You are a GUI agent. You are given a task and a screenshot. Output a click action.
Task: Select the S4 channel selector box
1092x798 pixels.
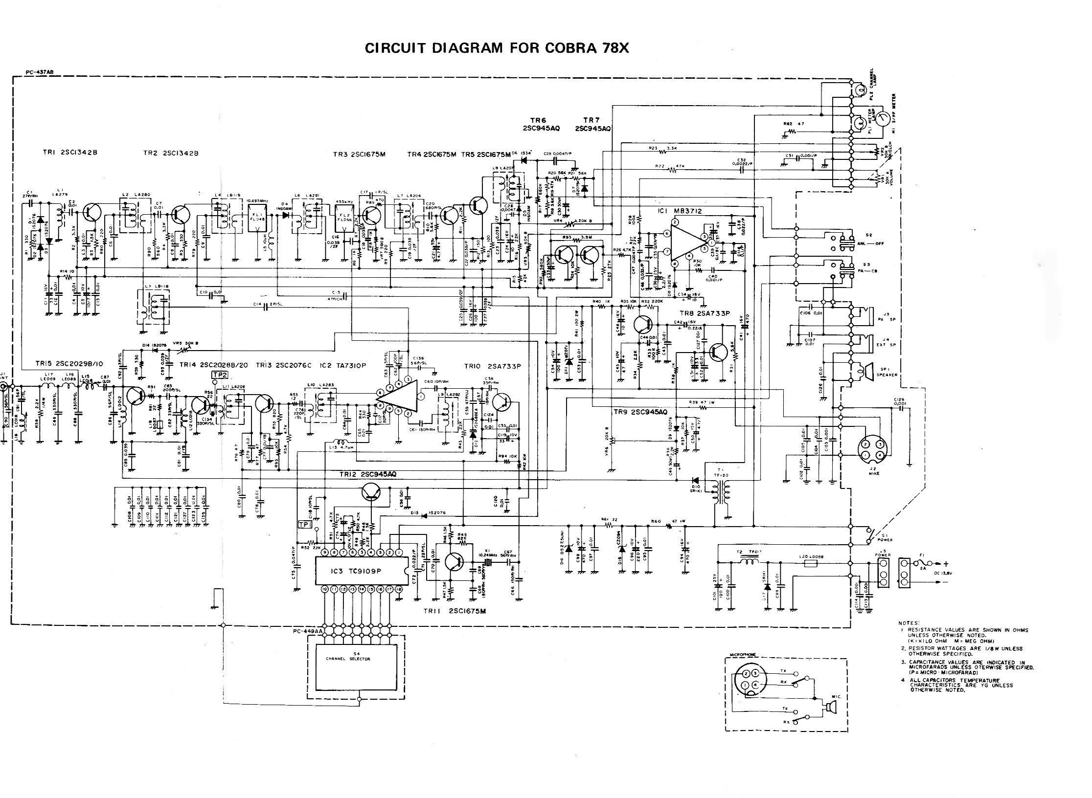click(x=358, y=667)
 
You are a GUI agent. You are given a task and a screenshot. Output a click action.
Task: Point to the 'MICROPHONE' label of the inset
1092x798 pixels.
click(x=743, y=654)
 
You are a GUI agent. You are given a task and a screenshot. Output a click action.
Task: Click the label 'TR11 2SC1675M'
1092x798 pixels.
click(x=455, y=611)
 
